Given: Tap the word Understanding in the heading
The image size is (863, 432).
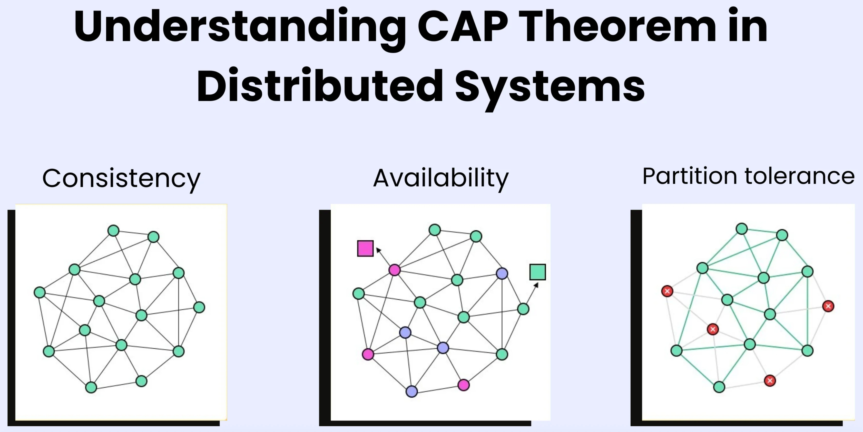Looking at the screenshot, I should click(240, 27).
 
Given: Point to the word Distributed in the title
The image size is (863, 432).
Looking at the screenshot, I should click(320, 85).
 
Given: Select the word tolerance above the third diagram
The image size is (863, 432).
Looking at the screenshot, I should click(799, 176).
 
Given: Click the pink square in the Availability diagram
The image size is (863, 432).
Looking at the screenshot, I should click(365, 249).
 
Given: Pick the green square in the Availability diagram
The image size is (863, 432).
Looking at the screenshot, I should click(537, 272).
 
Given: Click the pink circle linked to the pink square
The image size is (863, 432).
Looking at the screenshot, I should click(394, 270).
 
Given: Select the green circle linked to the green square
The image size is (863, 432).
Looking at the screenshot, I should click(523, 309).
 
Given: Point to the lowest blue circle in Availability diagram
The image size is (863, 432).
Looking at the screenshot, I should click(411, 391).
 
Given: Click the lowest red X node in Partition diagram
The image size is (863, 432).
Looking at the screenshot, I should click(770, 381).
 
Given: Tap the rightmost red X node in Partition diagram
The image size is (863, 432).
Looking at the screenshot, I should click(828, 306).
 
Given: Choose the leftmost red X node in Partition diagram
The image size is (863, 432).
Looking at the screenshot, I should click(667, 291).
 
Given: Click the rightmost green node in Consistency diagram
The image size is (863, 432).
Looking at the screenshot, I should click(199, 307).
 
